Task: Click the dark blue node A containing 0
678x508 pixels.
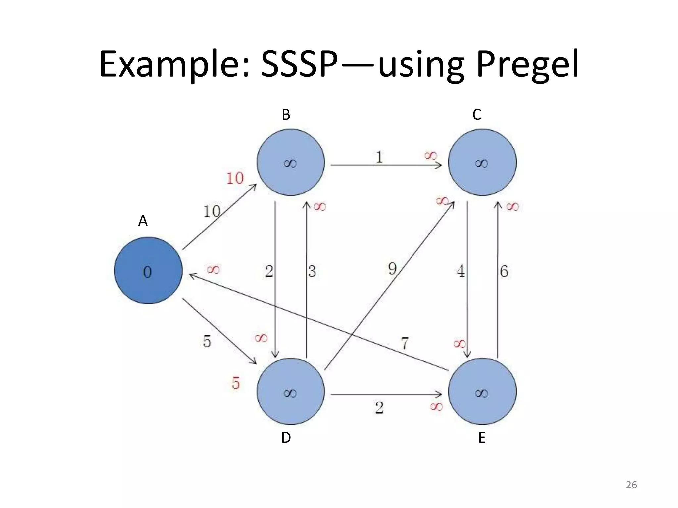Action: coord(148,271)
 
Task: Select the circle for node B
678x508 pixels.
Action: coord(291,162)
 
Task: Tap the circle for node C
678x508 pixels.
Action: coord(482,162)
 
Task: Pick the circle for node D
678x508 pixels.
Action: coord(291,392)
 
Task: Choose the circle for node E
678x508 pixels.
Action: coord(482,392)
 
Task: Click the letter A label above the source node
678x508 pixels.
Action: coord(143,221)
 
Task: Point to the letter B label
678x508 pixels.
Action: coord(286,115)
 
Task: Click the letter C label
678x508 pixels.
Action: coord(477,115)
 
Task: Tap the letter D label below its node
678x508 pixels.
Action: coord(286,438)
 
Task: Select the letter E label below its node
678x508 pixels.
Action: coord(482,438)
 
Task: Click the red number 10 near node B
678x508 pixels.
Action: coord(235,179)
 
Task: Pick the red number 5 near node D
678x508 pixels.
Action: coord(236,383)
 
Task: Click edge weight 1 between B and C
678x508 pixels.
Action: coord(379,157)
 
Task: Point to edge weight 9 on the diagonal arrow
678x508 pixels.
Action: coord(392,268)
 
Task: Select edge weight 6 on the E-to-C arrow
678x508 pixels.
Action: coord(504,272)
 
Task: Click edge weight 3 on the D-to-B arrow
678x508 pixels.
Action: coord(312,272)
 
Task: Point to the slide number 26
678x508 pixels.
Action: coord(631,485)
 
